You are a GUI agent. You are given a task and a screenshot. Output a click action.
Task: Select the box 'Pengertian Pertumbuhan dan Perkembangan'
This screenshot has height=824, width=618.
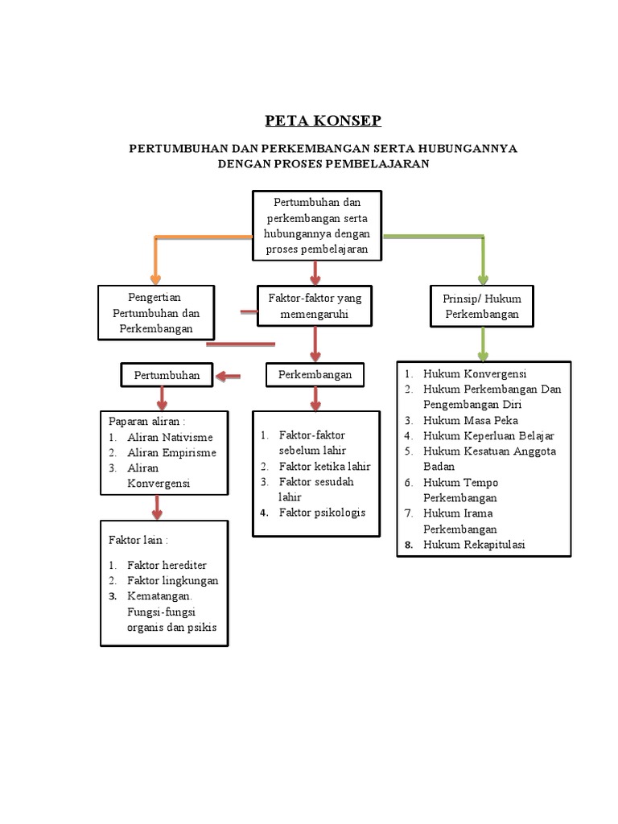click(x=156, y=313)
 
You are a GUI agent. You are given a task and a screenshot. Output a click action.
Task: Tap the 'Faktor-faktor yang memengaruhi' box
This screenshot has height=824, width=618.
click(x=315, y=307)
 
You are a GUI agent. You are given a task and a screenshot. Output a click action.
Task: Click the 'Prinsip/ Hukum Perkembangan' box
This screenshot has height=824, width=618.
click(x=482, y=307)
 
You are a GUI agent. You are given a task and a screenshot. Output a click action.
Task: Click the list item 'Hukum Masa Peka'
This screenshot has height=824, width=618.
click(x=470, y=420)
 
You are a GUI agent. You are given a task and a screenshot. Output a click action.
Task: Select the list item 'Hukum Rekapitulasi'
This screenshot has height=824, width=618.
click(x=475, y=545)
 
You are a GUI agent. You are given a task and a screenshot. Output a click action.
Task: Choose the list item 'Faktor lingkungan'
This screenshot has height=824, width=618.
click(x=172, y=580)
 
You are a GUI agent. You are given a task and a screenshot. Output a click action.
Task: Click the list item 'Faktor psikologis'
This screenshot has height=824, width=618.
click(x=322, y=512)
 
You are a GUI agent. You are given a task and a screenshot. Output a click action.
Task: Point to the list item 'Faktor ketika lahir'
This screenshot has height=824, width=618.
click(x=324, y=466)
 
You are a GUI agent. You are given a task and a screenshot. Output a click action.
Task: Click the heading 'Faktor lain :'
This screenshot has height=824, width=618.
click(x=138, y=538)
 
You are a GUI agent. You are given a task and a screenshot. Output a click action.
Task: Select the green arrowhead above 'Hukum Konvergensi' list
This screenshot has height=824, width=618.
click(x=483, y=352)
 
